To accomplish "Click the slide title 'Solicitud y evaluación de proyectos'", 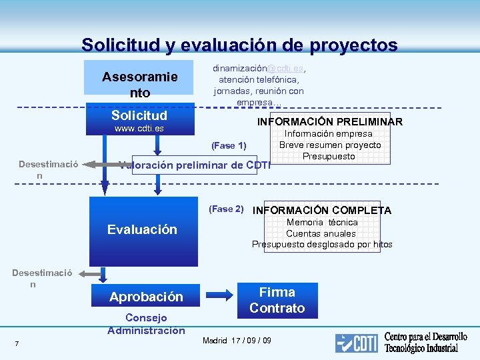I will (239, 45).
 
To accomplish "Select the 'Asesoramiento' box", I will (140, 85).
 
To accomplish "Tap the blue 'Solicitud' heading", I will (139, 115).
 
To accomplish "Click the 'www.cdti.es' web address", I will (139, 128).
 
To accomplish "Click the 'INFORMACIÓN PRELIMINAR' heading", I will (330, 122).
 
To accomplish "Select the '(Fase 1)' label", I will (229, 145).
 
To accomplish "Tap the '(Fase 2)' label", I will (227, 209).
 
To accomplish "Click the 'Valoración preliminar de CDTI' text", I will (194, 166).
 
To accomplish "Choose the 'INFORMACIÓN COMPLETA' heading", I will (322, 211).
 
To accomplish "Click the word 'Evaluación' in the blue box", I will (143, 229).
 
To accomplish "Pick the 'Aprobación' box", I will (146, 297).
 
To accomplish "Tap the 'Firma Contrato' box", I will (277, 300).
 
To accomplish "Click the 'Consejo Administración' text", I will (146, 323).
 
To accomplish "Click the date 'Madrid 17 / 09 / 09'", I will (237, 341).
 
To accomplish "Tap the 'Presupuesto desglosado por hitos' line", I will (322, 244).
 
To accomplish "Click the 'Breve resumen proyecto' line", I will (329, 145).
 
